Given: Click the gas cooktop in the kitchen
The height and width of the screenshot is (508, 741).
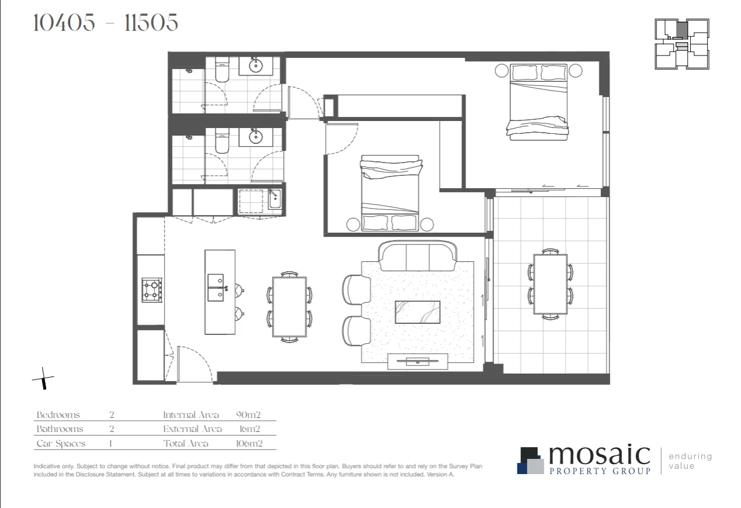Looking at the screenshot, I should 152,291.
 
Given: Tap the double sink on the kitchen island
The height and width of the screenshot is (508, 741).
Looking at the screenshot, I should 215,288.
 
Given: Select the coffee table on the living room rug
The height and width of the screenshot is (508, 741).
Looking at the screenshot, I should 418,312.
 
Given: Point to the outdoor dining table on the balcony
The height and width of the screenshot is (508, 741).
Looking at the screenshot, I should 550,284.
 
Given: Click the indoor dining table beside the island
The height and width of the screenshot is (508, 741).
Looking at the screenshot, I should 289,306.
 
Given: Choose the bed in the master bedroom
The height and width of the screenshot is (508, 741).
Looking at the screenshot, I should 538,102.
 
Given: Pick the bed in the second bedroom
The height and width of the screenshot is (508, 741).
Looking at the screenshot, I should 389,193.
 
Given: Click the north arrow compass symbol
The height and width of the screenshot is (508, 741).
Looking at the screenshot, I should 43,379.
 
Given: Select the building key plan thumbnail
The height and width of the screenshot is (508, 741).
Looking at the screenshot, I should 681,44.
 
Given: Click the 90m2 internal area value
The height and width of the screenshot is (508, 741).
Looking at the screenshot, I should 248,415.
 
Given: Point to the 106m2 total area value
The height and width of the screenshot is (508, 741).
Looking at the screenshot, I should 249,444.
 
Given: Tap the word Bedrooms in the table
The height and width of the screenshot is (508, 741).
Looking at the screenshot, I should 58,415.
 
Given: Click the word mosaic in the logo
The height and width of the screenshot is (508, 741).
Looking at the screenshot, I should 599,455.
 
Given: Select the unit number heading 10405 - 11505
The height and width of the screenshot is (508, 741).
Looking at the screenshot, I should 106,23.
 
